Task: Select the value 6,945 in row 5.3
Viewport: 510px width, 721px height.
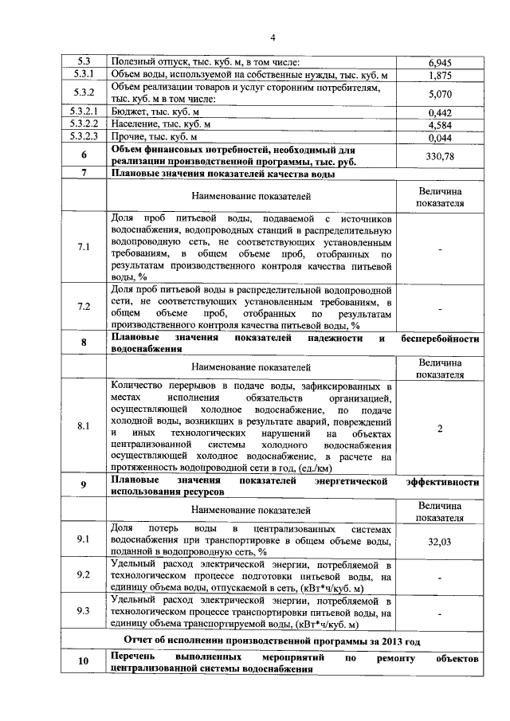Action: click(x=440, y=62)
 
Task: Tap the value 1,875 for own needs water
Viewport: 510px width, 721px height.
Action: click(x=440, y=75)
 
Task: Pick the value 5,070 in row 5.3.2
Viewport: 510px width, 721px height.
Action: click(x=440, y=93)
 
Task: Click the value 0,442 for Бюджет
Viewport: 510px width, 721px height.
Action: click(x=440, y=112)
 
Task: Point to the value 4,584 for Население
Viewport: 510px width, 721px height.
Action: click(x=440, y=125)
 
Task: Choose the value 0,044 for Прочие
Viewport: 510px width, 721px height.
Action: click(x=440, y=138)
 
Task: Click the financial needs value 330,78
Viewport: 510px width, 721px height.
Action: click(x=440, y=156)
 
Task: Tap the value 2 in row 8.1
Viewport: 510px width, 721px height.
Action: click(x=440, y=428)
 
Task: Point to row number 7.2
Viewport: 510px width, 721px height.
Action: click(x=84, y=307)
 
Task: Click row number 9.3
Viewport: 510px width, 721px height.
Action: click(x=84, y=611)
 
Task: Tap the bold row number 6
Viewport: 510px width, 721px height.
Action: click(x=84, y=156)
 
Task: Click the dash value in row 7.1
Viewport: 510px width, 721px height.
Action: click(x=440, y=248)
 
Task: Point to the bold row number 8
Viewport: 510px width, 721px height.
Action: click(x=84, y=343)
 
